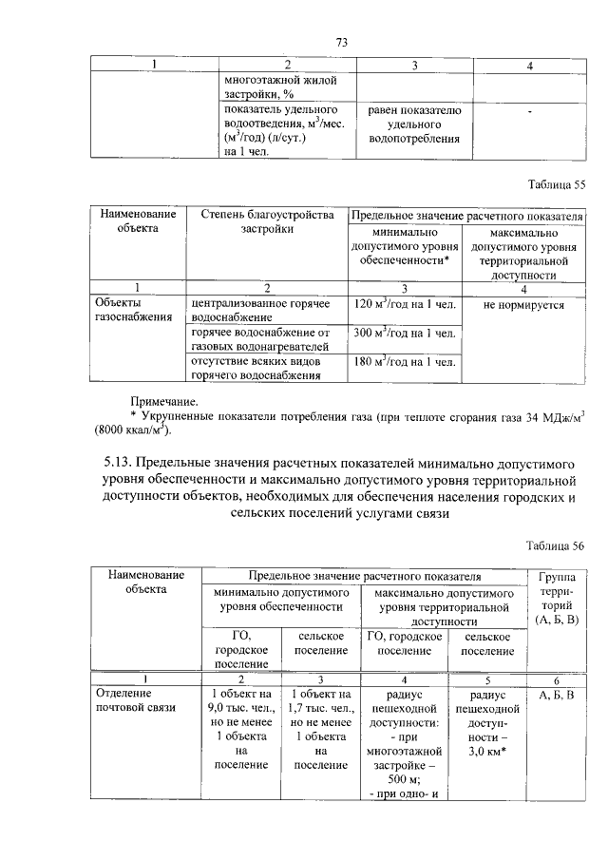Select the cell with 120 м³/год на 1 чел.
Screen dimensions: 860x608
(x=405, y=305)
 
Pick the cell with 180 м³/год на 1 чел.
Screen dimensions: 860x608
(x=405, y=362)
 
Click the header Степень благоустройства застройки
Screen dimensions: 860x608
(x=268, y=222)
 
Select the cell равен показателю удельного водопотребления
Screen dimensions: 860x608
(x=413, y=124)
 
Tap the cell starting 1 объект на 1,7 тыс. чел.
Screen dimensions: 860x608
(x=323, y=728)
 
